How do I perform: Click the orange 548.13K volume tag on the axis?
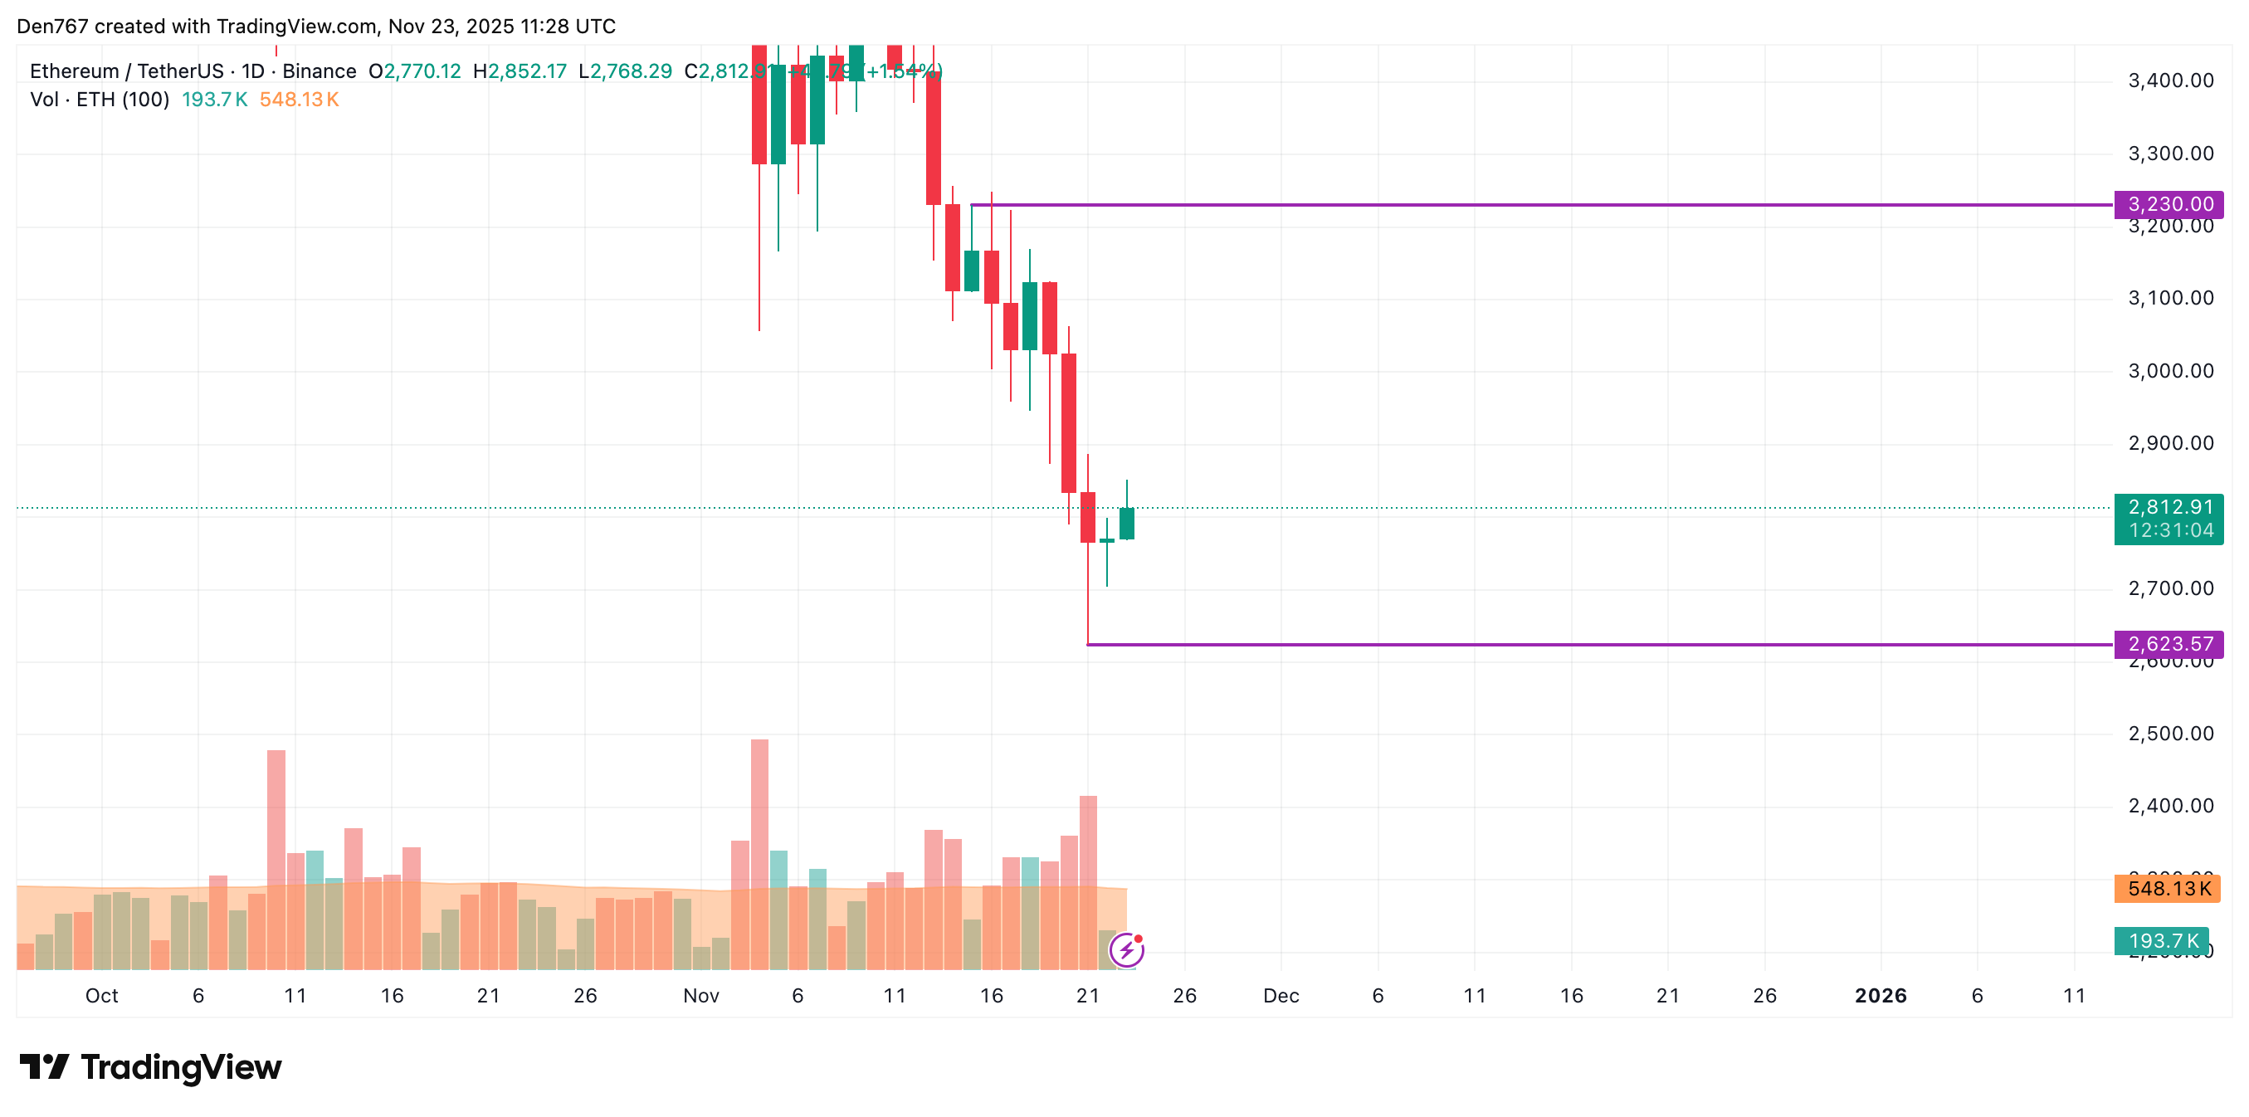[x=2167, y=889]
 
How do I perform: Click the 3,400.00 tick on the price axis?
[x=2170, y=81]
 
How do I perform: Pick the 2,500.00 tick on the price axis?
[x=2170, y=734]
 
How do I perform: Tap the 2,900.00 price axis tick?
[x=2170, y=444]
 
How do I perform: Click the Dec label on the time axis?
[x=1281, y=996]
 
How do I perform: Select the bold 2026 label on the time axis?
[x=1880, y=996]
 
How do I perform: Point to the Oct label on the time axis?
[x=101, y=996]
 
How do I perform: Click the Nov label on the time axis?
[x=701, y=996]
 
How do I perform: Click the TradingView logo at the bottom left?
[x=150, y=1067]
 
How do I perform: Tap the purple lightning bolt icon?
[x=1126, y=950]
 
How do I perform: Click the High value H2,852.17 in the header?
[x=520, y=71]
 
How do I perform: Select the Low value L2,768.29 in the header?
[x=625, y=71]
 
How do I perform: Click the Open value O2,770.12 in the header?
[x=415, y=71]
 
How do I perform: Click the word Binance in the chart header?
[x=319, y=71]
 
